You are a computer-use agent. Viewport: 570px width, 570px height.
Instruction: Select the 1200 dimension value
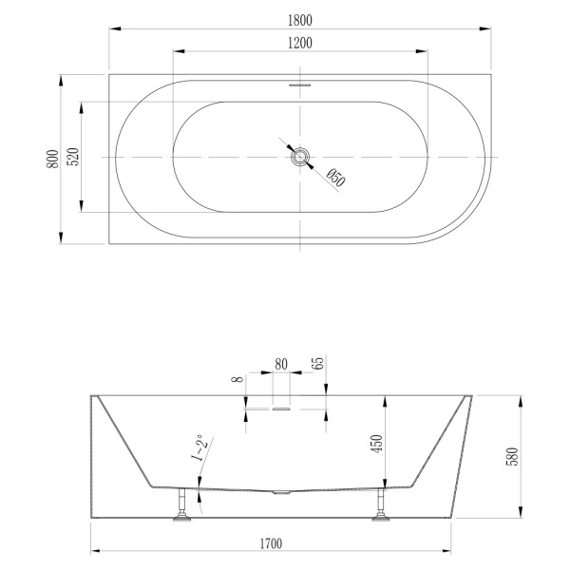coord(300,43)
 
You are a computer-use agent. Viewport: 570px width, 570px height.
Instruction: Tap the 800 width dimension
coord(52,158)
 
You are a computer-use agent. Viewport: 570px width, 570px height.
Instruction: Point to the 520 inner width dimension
coord(70,158)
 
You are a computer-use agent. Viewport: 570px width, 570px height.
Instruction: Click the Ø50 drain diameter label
coord(334,177)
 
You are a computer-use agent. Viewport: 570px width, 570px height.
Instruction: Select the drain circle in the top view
coord(300,157)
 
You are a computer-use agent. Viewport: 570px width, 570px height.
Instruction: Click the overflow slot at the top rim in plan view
coord(300,82)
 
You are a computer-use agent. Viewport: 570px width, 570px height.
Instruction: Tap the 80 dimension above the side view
coord(280,363)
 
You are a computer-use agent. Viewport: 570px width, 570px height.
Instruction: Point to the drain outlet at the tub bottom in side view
coord(280,492)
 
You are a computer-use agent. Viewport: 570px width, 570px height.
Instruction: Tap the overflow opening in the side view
coord(280,409)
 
